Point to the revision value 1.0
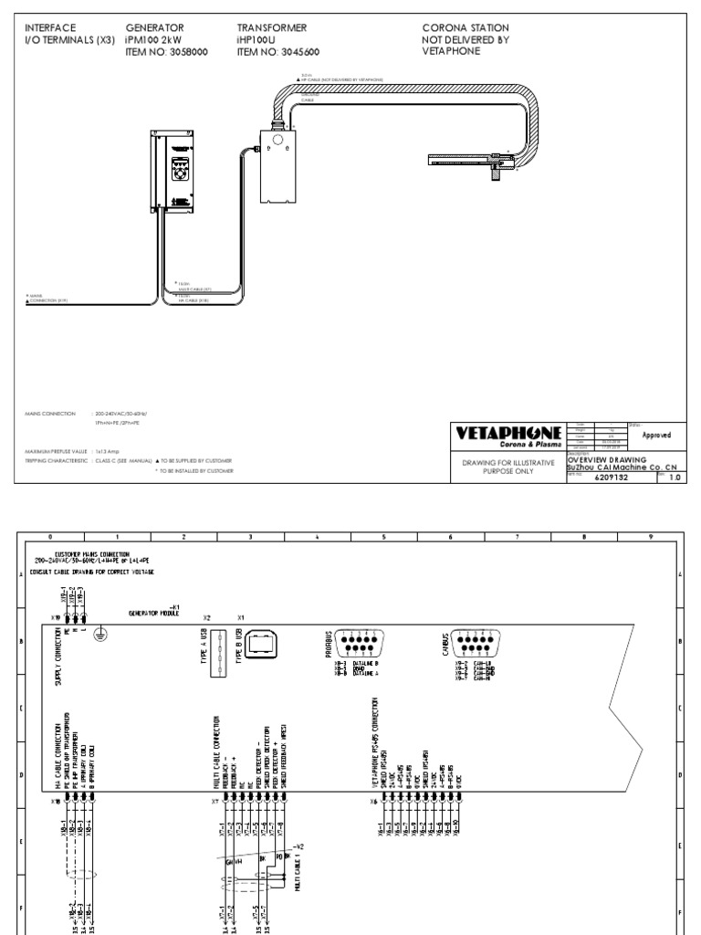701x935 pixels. [676, 477]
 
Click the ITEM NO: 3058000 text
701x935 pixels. [166, 53]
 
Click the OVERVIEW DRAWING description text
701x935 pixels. [606, 459]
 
